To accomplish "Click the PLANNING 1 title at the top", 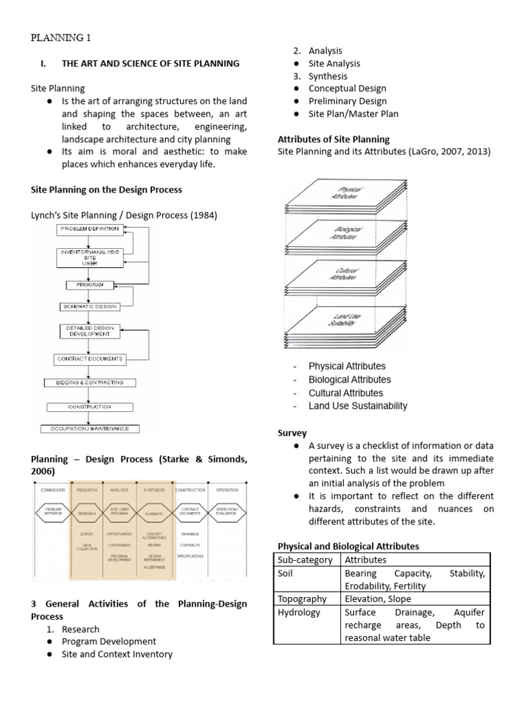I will [60, 37].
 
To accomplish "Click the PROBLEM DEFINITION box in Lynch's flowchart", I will [90, 228].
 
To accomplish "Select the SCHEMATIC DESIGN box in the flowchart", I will [90, 307].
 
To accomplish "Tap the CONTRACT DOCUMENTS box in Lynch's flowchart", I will [90, 359].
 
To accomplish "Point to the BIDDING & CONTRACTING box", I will [90, 383].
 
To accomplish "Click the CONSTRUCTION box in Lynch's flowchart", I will [90, 407].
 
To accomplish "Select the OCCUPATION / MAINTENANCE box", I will [90, 429].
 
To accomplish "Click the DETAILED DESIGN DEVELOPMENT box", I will [90, 331].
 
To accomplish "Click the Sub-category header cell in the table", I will [305, 559].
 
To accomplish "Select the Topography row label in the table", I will [302, 598].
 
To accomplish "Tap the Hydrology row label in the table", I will [299, 612].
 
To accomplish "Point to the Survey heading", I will [292, 433].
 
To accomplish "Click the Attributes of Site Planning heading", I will [334, 139].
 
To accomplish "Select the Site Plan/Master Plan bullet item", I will [353, 114].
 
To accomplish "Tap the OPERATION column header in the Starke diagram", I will [227, 491].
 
